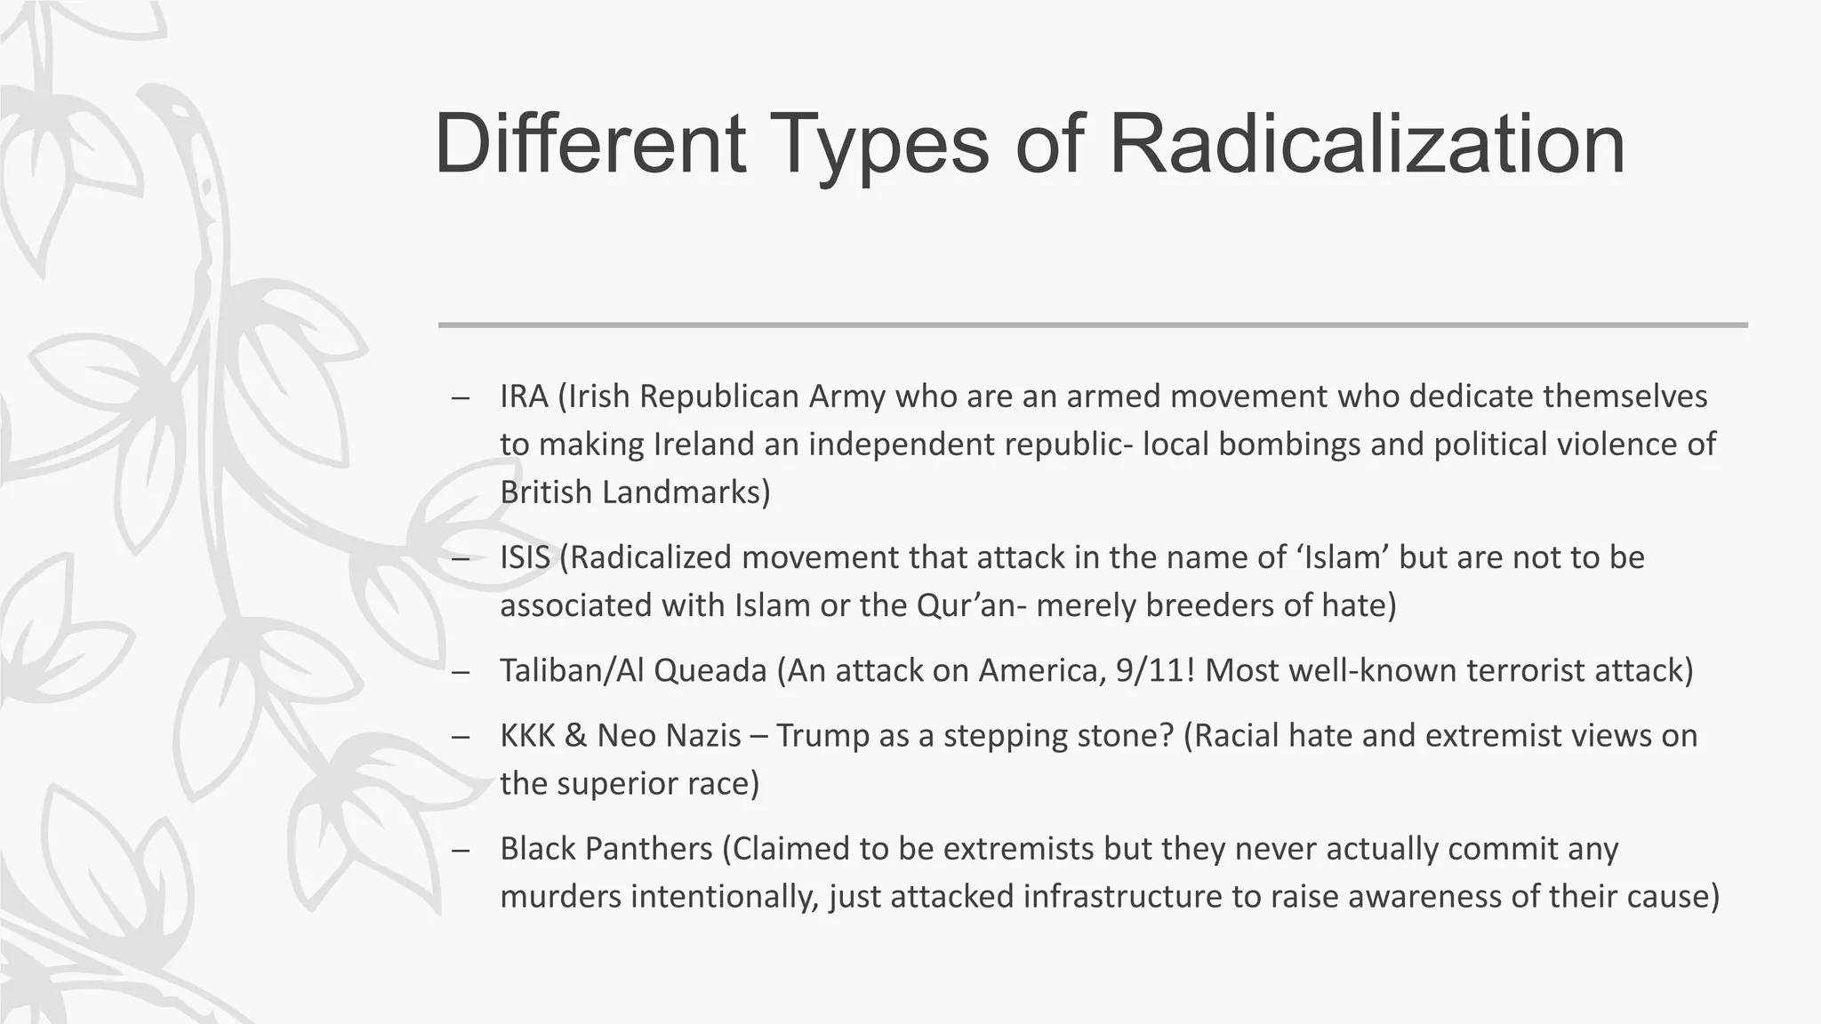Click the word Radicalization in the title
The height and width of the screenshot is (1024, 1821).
point(1368,144)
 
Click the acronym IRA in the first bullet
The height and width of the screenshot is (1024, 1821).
point(524,396)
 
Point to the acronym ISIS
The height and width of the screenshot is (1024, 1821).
point(525,557)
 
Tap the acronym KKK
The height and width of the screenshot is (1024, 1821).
point(527,736)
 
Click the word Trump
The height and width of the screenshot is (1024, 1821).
point(822,736)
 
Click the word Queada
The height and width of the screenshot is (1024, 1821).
point(710,670)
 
